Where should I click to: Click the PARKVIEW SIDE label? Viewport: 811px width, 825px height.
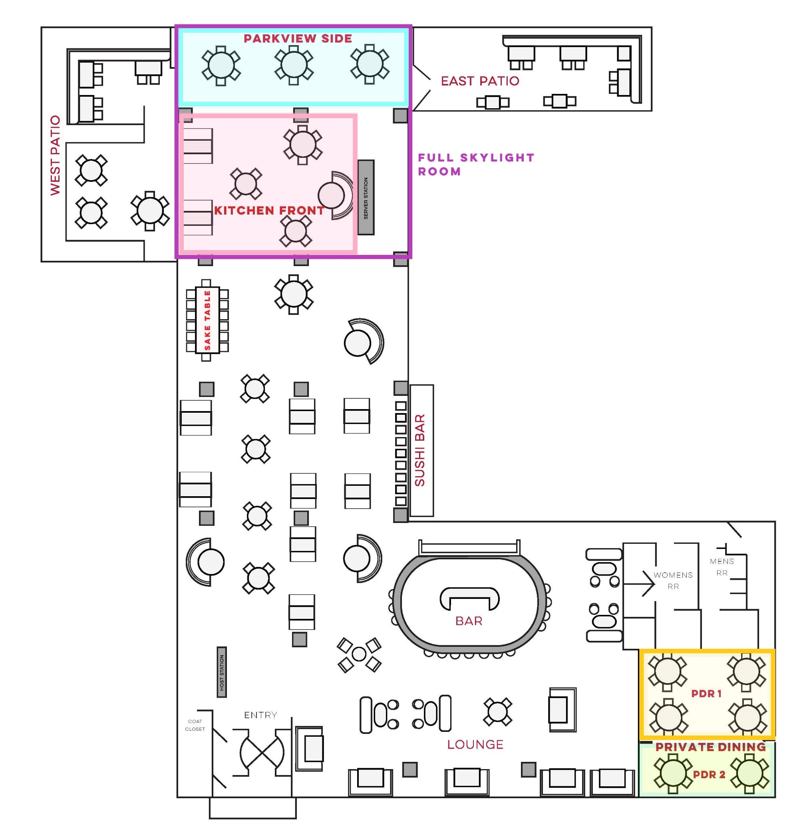[x=298, y=38]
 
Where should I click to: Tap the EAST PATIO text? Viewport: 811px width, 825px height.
[x=480, y=81]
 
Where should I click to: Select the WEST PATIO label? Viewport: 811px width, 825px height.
[x=56, y=155]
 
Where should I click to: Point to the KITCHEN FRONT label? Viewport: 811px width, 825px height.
[x=269, y=211]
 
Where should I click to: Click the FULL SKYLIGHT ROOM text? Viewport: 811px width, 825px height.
[x=476, y=165]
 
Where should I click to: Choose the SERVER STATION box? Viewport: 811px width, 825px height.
[x=366, y=198]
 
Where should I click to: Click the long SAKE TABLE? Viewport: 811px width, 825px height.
[x=207, y=320]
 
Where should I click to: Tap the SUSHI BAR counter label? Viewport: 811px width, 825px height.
[x=420, y=450]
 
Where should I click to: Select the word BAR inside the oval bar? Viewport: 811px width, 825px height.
[x=469, y=621]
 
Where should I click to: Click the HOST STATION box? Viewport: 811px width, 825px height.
[x=221, y=672]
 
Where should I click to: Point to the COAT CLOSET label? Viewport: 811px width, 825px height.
[x=195, y=725]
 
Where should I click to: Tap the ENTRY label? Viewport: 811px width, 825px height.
[x=260, y=715]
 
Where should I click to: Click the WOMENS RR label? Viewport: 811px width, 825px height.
[x=673, y=580]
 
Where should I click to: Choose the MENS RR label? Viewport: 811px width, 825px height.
[x=722, y=567]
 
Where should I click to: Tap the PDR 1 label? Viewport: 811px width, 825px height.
[x=707, y=694]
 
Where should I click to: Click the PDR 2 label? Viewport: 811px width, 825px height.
[x=709, y=774]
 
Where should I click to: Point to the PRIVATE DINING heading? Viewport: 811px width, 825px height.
[x=710, y=747]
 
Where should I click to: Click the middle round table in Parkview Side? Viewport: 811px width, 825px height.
[x=294, y=64]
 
